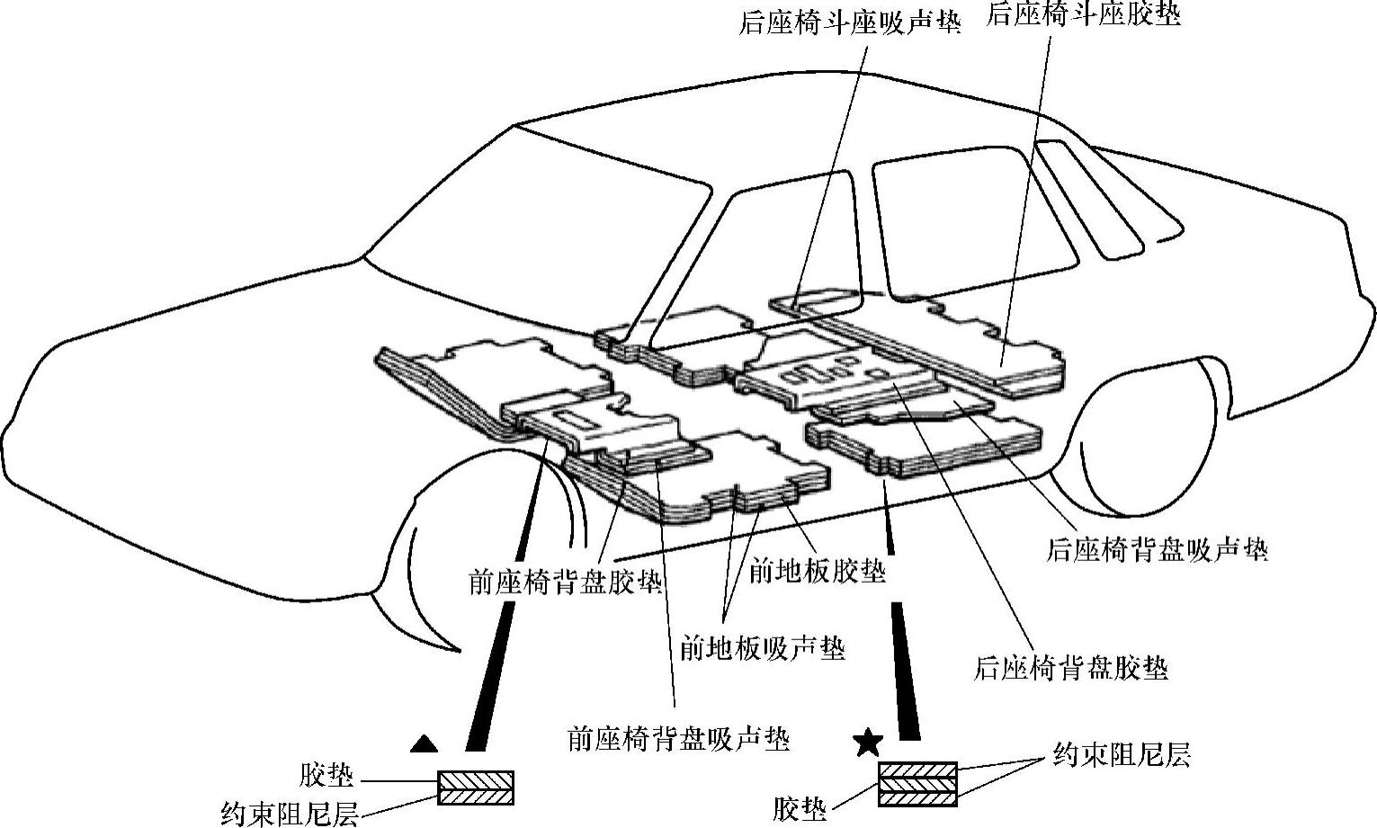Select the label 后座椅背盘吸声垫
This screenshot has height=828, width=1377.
click(x=1157, y=549)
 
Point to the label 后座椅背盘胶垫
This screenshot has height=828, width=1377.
click(x=1071, y=669)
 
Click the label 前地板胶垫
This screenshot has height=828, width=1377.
click(x=817, y=571)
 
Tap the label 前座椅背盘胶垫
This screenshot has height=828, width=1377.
click(x=566, y=582)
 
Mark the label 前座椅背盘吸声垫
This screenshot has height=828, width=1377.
click(x=678, y=739)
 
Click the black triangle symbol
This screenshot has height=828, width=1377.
click(x=425, y=743)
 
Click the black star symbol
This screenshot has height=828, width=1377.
click(x=868, y=743)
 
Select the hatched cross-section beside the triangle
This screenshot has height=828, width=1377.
click(x=476, y=788)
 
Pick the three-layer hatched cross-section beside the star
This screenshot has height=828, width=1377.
click(x=917, y=783)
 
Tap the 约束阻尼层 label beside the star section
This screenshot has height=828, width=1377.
click(x=1122, y=755)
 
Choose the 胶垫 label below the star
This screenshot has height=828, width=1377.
click(x=800, y=810)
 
